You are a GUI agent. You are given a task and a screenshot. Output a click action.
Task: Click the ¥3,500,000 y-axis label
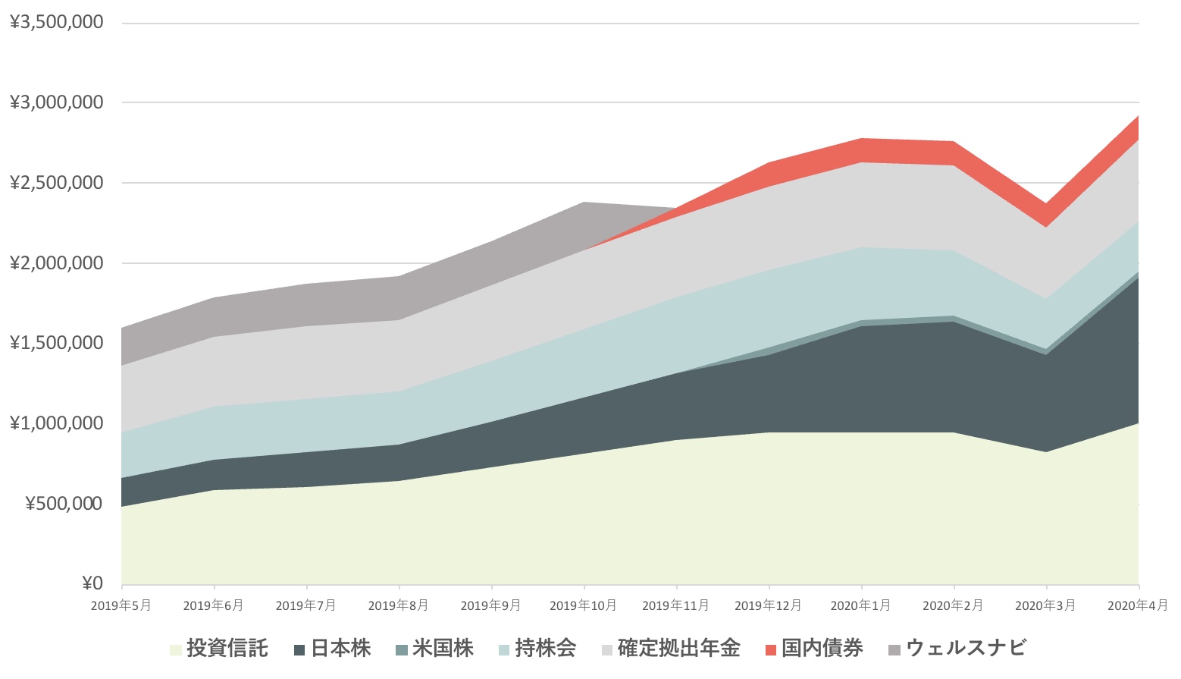pos(57,23)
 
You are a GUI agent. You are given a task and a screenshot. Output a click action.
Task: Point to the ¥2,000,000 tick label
pos(57,263)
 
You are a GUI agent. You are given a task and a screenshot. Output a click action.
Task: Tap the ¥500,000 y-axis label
pos(64,504)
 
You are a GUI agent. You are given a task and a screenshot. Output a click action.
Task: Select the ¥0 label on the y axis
pos(92,583)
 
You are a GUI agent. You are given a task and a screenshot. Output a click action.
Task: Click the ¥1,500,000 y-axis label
pos(57,343)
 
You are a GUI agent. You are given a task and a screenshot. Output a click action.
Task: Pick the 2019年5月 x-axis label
pos(121,605)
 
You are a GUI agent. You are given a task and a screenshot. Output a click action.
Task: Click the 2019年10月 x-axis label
pos(583,605)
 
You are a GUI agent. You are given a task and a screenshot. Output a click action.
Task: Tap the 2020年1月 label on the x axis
pos(860,605)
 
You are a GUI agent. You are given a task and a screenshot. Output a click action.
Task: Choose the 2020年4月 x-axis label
pos(1137,605)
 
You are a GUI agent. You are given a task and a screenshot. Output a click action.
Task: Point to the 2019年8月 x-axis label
pos(398,605)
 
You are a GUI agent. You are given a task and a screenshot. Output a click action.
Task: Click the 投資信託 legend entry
pos(227,649)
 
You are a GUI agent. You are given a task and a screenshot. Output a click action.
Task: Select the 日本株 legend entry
pos(340,649)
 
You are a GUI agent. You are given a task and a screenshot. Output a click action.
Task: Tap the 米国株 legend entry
pos(443,649)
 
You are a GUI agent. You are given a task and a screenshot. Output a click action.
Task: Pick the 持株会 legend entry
pos(545,649)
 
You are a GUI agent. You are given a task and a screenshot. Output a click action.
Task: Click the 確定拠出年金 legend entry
pos(678,649)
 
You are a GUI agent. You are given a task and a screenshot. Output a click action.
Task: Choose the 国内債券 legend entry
pos(822,649)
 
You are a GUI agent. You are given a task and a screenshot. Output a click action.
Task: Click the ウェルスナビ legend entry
pos(966,649)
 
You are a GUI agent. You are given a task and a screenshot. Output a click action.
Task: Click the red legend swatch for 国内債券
pos(771,650)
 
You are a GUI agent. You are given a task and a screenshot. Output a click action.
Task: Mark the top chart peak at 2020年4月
pos(1139,116)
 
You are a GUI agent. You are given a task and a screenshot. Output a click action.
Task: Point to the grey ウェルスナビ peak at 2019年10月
pos(584,203)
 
